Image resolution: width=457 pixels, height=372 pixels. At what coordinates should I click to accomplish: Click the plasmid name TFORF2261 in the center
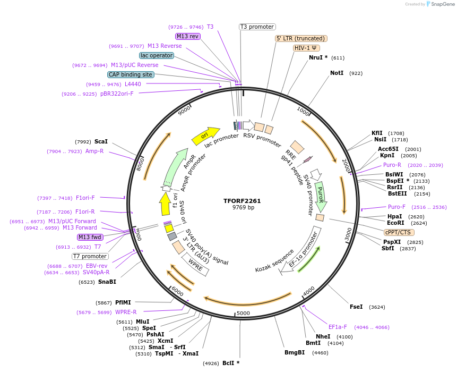(242, 201)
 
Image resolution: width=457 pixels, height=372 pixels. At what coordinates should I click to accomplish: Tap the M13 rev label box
(187, 36)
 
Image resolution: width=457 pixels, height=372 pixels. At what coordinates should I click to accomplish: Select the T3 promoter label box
(257, 27)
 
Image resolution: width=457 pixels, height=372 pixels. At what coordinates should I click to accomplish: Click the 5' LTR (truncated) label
(301, 38)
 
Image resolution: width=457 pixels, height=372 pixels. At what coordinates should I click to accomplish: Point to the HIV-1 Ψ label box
(306, 48)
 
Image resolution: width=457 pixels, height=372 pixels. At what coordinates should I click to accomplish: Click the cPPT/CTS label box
(399, 232)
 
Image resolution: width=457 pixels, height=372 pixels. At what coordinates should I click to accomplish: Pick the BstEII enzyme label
(397, 193)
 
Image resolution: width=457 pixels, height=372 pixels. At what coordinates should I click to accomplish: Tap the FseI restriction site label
(356, 307)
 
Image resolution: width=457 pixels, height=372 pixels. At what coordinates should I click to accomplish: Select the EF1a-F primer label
(338, 327)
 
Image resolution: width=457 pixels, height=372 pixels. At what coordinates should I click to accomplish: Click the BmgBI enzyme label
(295, 352)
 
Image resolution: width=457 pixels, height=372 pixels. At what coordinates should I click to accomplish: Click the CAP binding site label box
(131, 74)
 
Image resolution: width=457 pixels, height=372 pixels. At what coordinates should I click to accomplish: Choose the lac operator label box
(157, 55)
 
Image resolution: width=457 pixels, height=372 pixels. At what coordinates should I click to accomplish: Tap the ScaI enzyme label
(101, 142)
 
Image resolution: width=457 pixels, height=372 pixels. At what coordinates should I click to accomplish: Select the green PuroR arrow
(320, 195)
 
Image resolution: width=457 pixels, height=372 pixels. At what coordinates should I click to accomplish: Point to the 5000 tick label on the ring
(243, 313)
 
